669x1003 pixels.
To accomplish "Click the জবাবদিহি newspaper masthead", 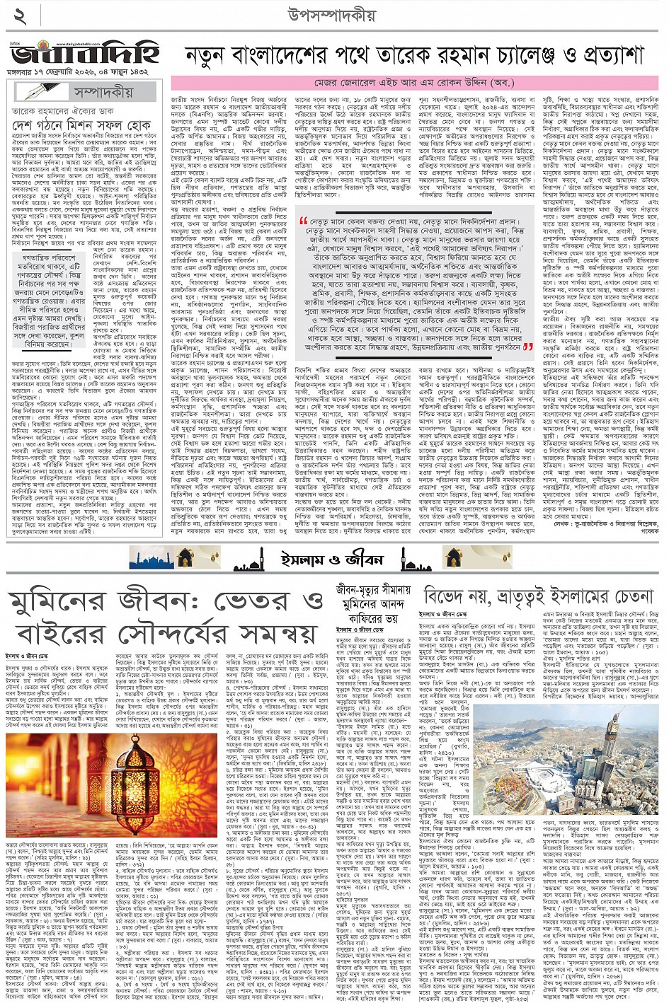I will point(85,54).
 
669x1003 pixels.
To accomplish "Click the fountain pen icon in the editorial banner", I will point(42,91).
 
